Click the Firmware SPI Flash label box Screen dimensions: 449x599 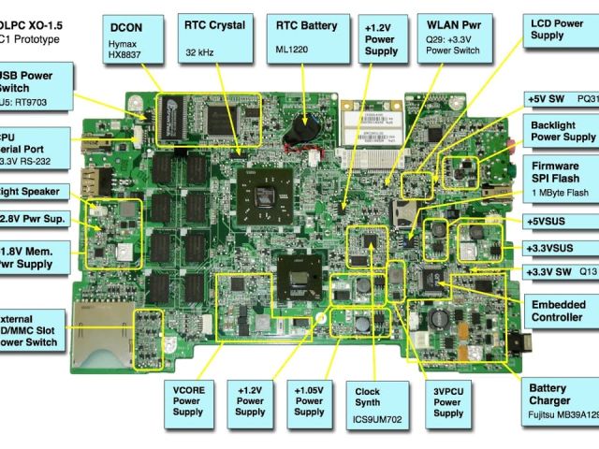click(559, 178)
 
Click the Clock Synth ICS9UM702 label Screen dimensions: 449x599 click(378, 404)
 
